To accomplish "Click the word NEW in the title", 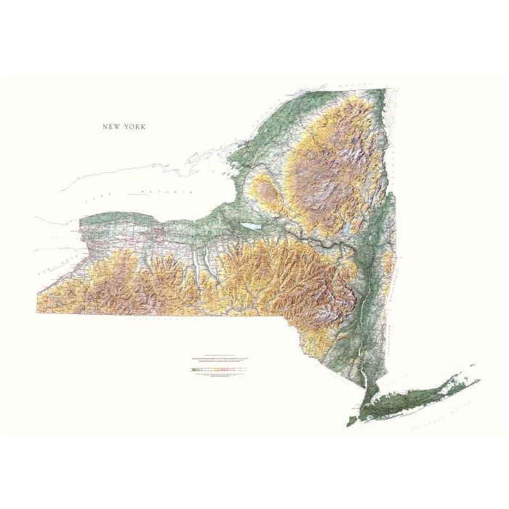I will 111,127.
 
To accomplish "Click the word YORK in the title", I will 134,127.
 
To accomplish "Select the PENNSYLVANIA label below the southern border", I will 157,318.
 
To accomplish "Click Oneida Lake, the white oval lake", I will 251,226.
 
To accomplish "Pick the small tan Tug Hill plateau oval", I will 267,193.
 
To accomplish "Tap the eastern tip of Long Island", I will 477,379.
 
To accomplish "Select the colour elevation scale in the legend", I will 218,370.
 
